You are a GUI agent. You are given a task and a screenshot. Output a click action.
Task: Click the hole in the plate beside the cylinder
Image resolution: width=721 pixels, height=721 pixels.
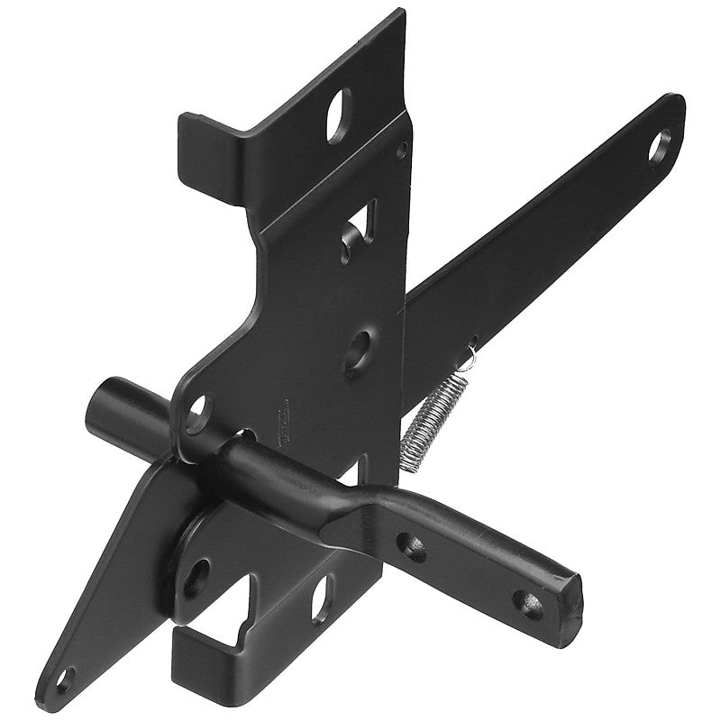point(196,410)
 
